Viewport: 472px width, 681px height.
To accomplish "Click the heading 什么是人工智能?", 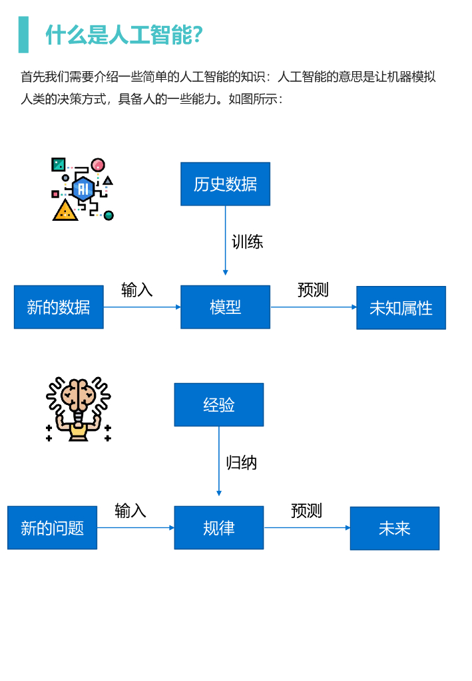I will pyautogui.click(x=124, y=35).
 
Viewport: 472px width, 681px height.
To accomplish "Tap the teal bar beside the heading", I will pyautogui.click(x=24, y=35).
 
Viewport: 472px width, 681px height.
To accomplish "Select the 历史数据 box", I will pyautogui.click(x=225, y=184).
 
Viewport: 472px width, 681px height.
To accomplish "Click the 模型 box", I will pyautogui.click(x=225, y=307).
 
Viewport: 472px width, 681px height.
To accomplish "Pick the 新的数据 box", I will pyautogui.click(x=59, y=307).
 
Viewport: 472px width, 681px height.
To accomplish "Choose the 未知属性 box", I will pyautogui.click(x=401, y=308).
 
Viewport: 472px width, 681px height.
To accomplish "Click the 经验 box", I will pyautogui.click(x=219, y=405).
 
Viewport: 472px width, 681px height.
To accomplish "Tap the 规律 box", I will pyautogui.click(x=219, y=528).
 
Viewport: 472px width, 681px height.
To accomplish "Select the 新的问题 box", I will pyautogui.click(x=52, y=528).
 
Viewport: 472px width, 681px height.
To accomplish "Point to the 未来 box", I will pyautogui.click(x=395, y=529).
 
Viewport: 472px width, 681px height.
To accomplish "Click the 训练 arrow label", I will pyautogui.click(x=248, y=242).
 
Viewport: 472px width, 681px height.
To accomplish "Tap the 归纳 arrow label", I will pyautogui.click(x=242, y=463).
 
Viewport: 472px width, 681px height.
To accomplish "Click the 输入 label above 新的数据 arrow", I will pyautogui.click(x=137, y=290).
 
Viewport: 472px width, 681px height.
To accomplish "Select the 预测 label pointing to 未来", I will pyautogui.click(x=306, y=511).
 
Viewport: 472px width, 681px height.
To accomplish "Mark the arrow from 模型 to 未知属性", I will pyautogui.click(x=313, y=307).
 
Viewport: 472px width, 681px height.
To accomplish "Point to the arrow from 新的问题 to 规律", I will pyautogui.click(x=135, y=528).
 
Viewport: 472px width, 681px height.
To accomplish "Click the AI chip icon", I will pyautogui.click(x=83, y=188).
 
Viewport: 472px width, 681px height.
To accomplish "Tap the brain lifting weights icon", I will pyautogui.click(x=79, y=410).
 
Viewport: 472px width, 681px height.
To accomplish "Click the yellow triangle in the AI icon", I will pyautogui.click(x=65, y=211).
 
